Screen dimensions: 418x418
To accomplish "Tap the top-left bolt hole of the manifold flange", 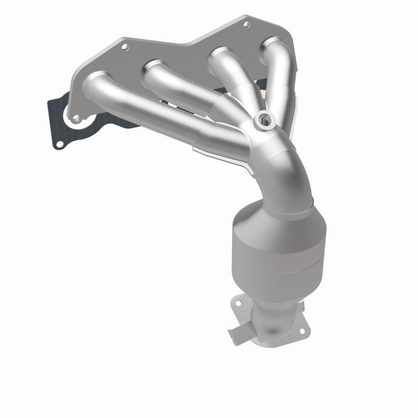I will (125, 47).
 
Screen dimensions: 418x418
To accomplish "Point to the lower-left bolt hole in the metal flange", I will (77, 119).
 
